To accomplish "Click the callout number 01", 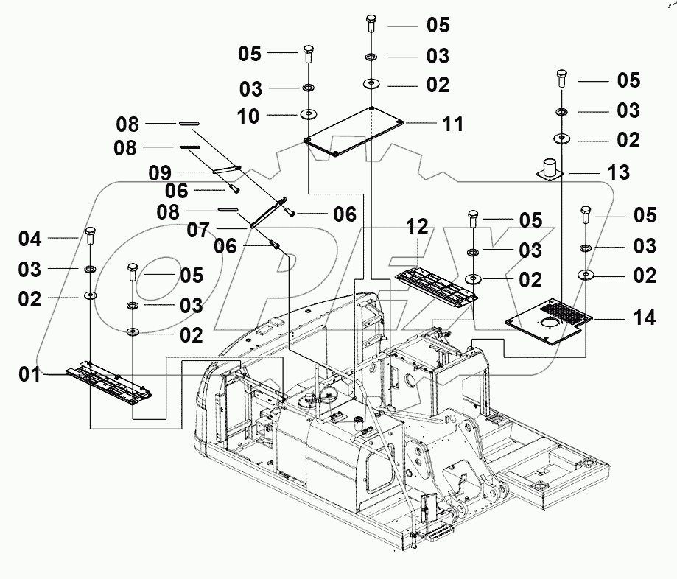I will [x=29, y=374].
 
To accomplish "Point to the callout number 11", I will [x=453, y=124].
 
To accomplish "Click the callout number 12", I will [x=417, y=227].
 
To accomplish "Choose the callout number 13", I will [x=619, y=172].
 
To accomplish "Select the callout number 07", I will [x=197, y=231].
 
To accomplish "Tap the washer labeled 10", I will [x=307, y=115].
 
